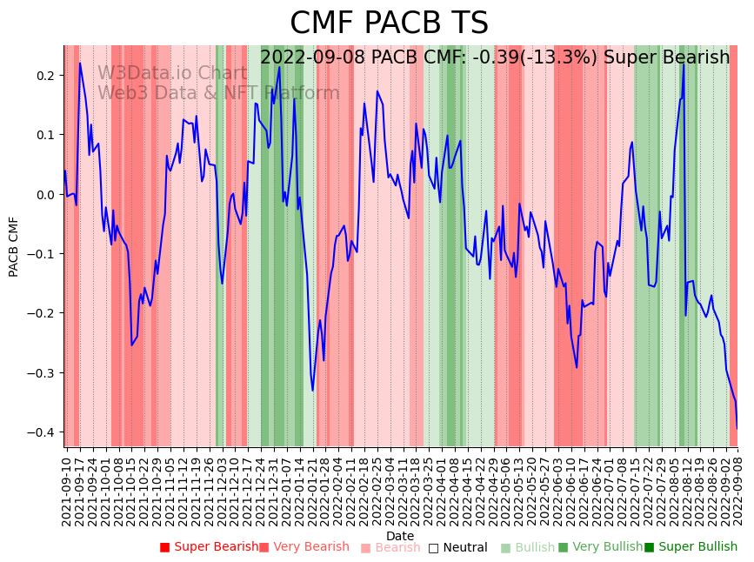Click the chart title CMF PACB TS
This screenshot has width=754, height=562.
click(x=389, y=23)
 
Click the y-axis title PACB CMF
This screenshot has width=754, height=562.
click(x=14, y=247)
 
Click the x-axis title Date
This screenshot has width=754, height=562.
click(x=400, y=536)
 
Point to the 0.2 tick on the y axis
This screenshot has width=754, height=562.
click(x=45, y=76)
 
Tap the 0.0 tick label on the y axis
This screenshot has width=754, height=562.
click(x=45, y=195)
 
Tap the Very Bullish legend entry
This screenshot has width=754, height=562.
click(x=601, y=547)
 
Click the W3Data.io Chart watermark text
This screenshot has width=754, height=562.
click(x=172, y=73)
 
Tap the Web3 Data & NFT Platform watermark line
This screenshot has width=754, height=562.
click(x=218, y=93)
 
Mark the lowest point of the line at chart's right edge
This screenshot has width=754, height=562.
click(x=737, y=428)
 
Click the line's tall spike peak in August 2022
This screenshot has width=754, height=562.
click(x=684, y=64)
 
